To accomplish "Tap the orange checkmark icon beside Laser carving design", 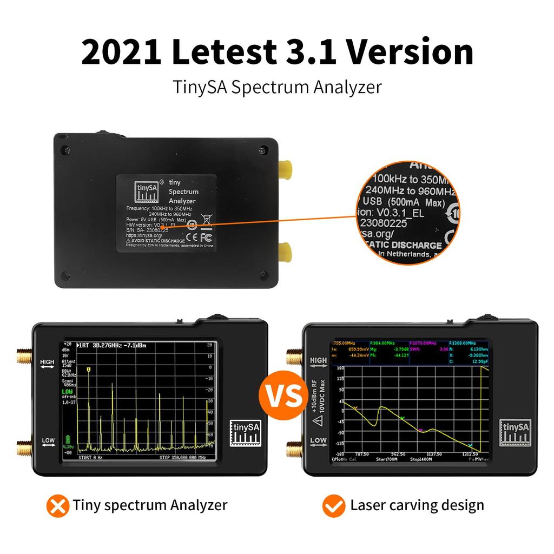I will [334, 506].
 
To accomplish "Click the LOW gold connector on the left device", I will [24, 449].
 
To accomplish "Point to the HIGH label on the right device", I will [318, 361].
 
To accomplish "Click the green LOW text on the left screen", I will [67, 391].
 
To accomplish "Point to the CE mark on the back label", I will [191, 236].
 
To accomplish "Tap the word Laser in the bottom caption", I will [368, 506].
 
